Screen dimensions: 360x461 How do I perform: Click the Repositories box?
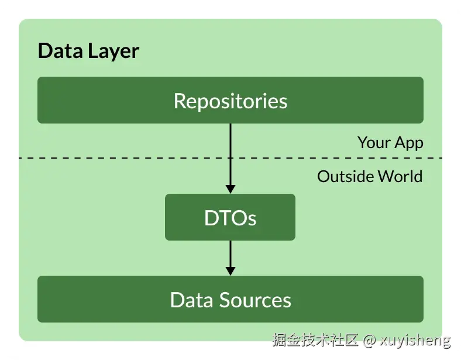click(x=230, y=100)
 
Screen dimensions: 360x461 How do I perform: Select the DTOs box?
click(x=230, y=217)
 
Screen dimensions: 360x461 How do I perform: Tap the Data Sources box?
click(x=230, y=299)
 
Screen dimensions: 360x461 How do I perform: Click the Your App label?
click(x=390, y=142)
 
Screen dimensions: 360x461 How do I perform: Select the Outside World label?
click(x=370, y=176)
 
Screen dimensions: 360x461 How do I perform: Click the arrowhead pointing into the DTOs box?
click(x=230, y=189)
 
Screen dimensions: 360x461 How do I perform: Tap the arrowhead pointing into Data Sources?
click(x=230, y=270)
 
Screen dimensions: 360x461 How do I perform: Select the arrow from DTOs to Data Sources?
click(x=230, y=255)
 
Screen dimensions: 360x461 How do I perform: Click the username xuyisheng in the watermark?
click(x=415, y=340)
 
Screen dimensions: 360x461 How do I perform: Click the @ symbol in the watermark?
click(x=369, y=340)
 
